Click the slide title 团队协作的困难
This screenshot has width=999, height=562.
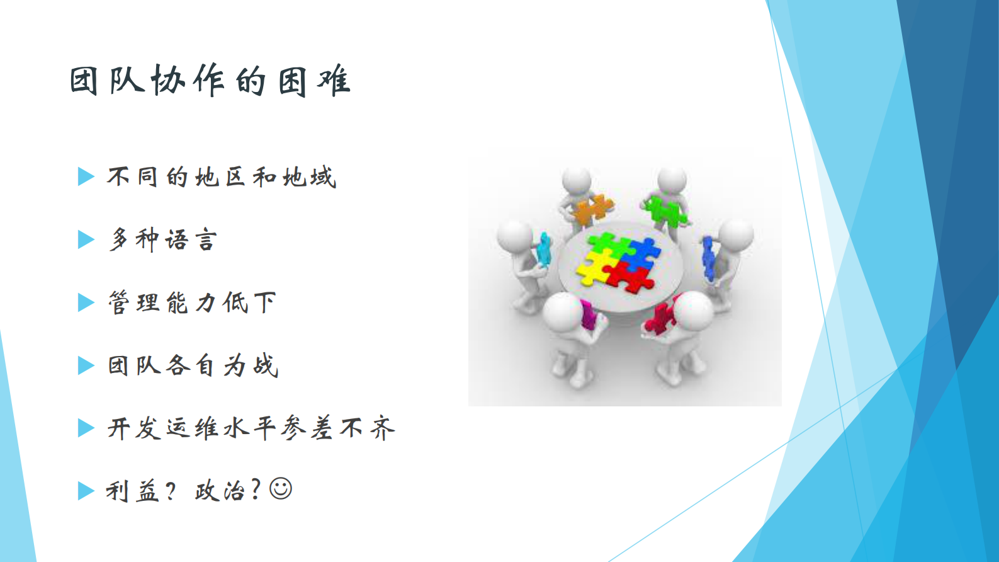(x=210, y=81)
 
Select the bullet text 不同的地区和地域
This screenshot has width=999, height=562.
(x=222, y=177)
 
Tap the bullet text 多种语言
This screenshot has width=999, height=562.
(x=163, y=240)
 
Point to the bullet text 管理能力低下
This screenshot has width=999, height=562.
(x=192, y=303)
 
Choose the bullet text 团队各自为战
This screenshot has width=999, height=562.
(x=193, y=365)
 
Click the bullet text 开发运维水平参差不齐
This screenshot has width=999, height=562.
(x=251, y=428)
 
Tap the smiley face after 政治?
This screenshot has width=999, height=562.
(x=281, y=489)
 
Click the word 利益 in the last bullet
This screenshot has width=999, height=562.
(x=132, y=491)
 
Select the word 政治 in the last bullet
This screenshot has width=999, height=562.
(x=219, y=491)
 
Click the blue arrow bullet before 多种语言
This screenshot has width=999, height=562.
(x=86, y=240)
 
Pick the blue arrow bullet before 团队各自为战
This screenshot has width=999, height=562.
(x=86, y=365)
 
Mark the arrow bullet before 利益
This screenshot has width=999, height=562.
(x=86, y=491)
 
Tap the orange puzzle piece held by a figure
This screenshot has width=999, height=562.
(x=592, y=210)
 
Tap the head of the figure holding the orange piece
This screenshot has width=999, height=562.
(x=576, y=181)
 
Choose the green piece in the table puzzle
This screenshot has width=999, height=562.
(x=603, y=246)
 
